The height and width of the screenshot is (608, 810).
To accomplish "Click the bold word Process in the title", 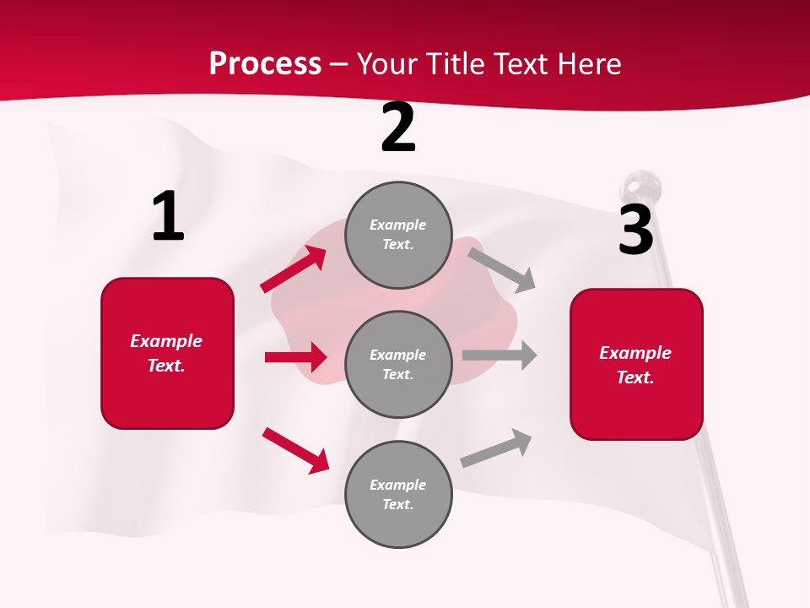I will click(265, 63).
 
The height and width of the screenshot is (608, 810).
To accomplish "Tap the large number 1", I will click(168, 217).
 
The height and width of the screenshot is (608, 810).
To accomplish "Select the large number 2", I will click(398, 128).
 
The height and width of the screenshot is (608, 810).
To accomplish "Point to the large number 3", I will click(635, 230).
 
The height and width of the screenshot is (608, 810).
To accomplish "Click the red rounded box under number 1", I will click(167, 353).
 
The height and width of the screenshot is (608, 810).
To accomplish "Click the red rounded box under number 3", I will click(636, 365).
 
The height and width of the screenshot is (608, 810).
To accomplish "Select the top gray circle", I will click(398, 235).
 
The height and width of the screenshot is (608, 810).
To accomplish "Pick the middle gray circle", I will click(398, 364).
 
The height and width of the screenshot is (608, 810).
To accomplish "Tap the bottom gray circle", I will click(398, 494).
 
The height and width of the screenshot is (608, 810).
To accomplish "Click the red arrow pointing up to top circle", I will click(294, 269).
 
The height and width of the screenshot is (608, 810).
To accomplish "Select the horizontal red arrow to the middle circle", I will click(295, 357).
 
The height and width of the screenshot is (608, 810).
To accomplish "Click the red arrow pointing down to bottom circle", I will click(295, 450).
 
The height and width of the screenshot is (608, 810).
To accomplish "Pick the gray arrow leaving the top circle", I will click(502, 269).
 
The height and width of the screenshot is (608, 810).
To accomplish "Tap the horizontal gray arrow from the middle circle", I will click(499, 356).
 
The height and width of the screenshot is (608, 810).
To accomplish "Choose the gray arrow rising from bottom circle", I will click(496, 448).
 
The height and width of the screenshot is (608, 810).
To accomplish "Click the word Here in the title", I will click(590, 63).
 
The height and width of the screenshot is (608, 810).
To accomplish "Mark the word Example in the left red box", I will click(166, 341).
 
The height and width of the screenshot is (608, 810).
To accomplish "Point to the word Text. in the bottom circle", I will click(398, 504).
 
